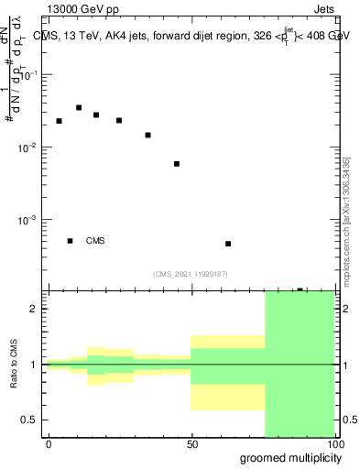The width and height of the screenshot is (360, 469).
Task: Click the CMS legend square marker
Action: pyautogui.click(x=70, y=241)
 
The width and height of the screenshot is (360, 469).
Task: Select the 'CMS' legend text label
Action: pyautogui.click(x=95, y=241)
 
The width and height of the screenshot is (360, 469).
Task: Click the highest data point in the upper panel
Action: pyautogui.click(x=79, y=108)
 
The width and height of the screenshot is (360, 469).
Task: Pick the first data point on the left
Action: pyautogui.click(x=59, y=121)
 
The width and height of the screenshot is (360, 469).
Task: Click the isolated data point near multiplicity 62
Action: pyautogui.click(x=228, y=244)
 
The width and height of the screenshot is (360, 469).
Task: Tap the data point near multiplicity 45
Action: pyautogui.click(x=177, y=164)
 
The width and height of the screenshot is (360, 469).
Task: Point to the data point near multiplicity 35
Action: pyautogui.click(x=147, y=136)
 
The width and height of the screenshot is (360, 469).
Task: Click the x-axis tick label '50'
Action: pyautogui.click(x=191, y=443)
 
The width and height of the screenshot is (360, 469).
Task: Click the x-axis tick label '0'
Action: pyautogui.click(x=49, y=443)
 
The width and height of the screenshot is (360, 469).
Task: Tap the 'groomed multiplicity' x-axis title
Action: pyautogui.click(x=286, y=457)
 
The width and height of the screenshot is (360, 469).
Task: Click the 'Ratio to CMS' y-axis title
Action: pyautogui.click(x=15, y=365)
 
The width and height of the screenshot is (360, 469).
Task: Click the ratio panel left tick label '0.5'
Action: pyautogui.click(x=30, y=420)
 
